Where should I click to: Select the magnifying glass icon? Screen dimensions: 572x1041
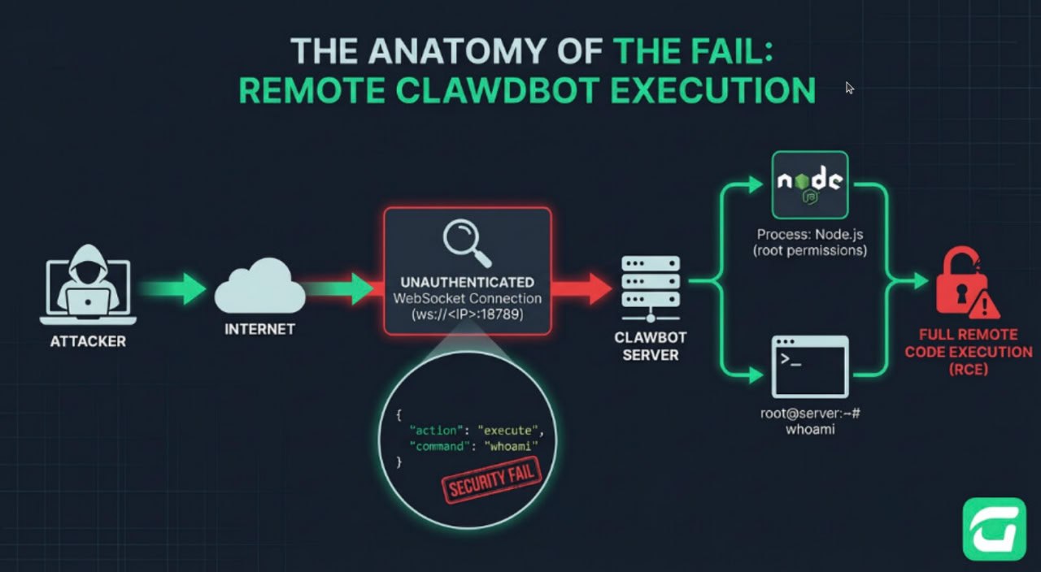pos(468,243)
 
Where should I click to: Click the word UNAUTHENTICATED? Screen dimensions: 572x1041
pos(467,281)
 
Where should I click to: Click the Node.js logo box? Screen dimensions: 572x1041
pos(809,184)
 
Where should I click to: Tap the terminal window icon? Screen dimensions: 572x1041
pos(809,366)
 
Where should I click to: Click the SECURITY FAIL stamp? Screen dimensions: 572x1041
pos(490,480)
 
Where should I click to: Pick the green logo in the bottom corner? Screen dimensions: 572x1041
pos(994,529)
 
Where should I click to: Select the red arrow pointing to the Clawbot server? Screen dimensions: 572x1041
pos(582,288)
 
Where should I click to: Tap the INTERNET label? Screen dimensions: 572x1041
pos(259,330)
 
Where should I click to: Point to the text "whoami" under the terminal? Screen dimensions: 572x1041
pos(810,429)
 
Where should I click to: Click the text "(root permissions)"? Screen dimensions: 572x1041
pos(810,250)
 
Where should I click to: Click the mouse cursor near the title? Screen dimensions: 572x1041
pos(850,88)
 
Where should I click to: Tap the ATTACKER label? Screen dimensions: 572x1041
pos(88,341)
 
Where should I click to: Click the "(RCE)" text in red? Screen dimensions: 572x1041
pos(968,370)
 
